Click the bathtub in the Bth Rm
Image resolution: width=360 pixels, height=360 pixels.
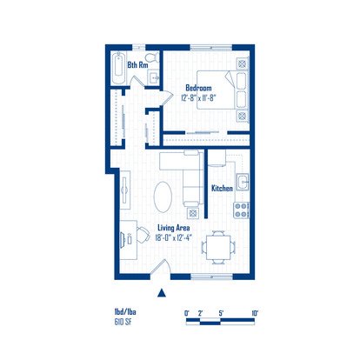(x=119, y=68)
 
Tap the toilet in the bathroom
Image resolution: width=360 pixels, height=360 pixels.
(x=152, y=57)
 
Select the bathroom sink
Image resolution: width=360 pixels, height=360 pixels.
(x=153, y=77)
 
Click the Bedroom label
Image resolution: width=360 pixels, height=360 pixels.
(x=198, y=88)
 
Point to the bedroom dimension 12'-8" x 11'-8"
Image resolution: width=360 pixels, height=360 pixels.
(x=198, y=97)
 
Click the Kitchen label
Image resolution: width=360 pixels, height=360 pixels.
(x=222, y=189)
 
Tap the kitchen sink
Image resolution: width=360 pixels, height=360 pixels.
(x=243, y=182)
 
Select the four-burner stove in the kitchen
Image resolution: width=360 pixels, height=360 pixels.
(x=242, y=210)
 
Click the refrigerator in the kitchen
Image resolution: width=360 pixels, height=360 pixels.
(x=217, y=158)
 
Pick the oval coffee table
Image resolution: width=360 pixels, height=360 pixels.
(x=163, y=197)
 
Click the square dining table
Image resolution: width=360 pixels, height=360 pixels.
(x=218, y=248)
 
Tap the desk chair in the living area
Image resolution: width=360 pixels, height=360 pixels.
(x=143, y=235)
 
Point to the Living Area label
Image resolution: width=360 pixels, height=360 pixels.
(x=174, y=228)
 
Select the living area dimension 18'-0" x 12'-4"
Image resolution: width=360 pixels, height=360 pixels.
(x=174, y=238)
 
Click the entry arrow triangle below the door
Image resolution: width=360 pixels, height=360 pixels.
(x=162, y=293)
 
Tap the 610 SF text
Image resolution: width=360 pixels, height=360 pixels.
(x=123, y=322)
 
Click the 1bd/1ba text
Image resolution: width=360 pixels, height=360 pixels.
(x=125, y=312)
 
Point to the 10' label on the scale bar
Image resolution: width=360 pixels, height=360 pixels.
(x=255, y=313)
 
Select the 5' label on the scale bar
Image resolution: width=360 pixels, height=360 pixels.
(x=221, y=313)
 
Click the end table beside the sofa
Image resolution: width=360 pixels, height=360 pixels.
(x=193, y=213)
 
